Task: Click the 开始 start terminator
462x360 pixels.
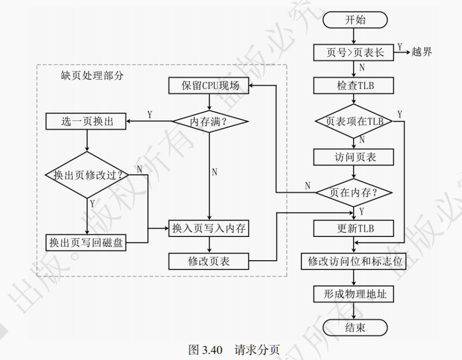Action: (355, 20)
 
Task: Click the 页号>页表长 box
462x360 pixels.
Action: (355, 52)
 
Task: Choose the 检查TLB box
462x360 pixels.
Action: (355, 85)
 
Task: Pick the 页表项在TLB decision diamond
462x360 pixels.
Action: (355, 122)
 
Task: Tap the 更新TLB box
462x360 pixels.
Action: (355, 228)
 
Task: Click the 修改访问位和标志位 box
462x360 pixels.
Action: (355, 261)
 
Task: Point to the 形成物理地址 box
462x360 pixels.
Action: (355, 294)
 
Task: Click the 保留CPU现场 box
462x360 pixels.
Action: (209, 85)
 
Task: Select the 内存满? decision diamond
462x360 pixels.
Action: (209, 122)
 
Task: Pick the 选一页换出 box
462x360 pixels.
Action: (87, 122)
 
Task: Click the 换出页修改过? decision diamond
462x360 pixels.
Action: (87, 175)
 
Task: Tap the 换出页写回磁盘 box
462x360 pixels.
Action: (87, 242)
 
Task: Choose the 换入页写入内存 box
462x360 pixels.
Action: (209, 228)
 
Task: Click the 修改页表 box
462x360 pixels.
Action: (209, 261)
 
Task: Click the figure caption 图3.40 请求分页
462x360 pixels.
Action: (234, 350)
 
